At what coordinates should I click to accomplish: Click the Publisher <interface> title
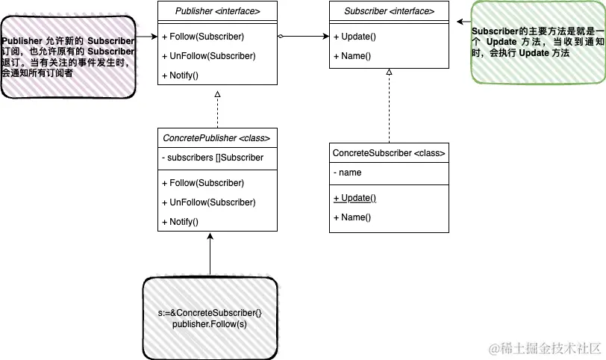click(217, 11)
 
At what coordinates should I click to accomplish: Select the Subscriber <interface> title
click(389, 11)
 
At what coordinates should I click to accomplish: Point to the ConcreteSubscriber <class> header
click(389, 152)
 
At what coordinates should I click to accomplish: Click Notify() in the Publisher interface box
click(180, 75)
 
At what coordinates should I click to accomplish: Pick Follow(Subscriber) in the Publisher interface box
click(202, 37)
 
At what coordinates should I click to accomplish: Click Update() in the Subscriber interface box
click(350, 37)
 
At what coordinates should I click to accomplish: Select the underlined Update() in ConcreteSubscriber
click(354, 198)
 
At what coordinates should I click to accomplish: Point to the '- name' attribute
click(347, 173)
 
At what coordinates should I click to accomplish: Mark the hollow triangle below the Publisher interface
click(217, 94)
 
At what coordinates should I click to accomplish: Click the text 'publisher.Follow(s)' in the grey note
click(209, 323)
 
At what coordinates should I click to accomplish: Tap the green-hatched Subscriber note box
click(537, 43)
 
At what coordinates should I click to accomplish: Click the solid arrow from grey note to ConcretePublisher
click(210, 254)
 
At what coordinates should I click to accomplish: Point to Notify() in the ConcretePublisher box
click(180, 222)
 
